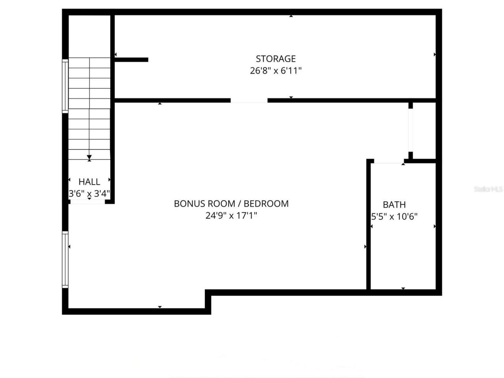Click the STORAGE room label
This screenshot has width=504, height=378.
pos(276,59)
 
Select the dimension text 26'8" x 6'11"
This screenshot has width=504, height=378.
pos(276,71)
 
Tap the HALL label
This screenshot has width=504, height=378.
pos(89,182)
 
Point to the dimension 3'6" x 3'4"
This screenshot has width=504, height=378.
pos(89,194)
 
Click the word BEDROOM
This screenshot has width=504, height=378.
pos(266,204)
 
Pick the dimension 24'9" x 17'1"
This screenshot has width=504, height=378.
pos(231,215)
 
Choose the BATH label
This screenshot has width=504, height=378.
pos(394,205)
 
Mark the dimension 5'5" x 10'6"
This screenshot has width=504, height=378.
pos(394,216)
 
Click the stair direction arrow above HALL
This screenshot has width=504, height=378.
pos(89,158)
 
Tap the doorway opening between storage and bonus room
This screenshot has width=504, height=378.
pos(249,101)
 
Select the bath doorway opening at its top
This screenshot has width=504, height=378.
pos(388,161)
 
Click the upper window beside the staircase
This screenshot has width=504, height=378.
pos(65,85)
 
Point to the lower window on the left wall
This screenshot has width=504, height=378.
pos(65,259)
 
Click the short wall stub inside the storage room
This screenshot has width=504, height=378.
pos(132,60)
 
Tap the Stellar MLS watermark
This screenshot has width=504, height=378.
pos(488,189)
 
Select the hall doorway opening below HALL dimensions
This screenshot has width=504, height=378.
pos(87,202)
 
